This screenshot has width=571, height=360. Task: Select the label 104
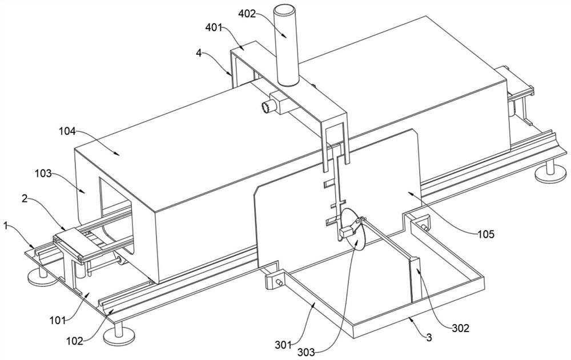click(x=66, y=131)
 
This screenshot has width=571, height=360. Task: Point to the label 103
click(x=43, y=173)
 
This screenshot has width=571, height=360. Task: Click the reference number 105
click(x=486, y=234)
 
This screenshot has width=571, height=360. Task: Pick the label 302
click(x=461, y=328)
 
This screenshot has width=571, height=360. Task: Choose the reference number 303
click(x=306, y=353)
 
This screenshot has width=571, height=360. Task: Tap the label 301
click(x=283, y=343)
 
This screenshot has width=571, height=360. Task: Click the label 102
click(x=75, y=341)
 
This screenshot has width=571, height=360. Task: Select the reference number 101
click(x=58, y=321)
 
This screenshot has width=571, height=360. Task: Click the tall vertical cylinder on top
click(x=286, y=45)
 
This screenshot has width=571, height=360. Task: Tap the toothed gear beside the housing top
click(x=266, y=107)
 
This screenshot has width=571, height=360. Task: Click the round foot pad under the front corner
click(x=119, y=335)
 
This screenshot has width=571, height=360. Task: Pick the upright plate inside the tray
click(x=416, y=279)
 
